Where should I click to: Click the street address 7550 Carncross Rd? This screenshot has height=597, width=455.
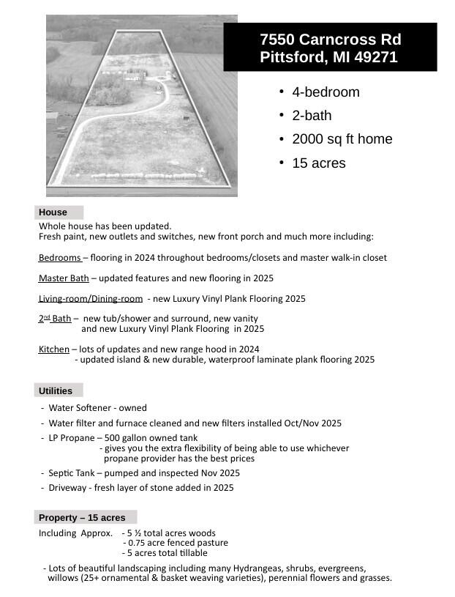(x=330, y=40)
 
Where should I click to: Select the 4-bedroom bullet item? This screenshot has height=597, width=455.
(x=326, y=92)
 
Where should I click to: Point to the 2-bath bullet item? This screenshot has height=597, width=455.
(x=312, y=116)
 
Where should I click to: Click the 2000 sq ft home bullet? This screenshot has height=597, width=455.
(x=342, y=139)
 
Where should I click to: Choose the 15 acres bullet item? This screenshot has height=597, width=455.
(x=318, y=163)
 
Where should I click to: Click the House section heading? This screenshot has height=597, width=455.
(x=53, y=212)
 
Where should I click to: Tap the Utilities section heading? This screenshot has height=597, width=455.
(x=56, y=391)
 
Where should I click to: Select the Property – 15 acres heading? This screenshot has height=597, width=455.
(x=82, y=518)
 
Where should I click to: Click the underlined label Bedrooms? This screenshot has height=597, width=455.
(x=60, y=258)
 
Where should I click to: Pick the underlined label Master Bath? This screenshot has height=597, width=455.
(x=64, y=278)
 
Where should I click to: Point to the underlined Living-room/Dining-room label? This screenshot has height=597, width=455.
(x=91, y=299)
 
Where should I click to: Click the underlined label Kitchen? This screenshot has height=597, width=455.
(x=53, y=349)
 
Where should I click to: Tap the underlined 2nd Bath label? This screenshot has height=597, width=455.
(x=55, y=319)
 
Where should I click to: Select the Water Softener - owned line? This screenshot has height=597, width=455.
(x=97, y=408)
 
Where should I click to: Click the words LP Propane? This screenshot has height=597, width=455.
(x=71, y=438)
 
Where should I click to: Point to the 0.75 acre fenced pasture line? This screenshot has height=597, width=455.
(x=178, y=543)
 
